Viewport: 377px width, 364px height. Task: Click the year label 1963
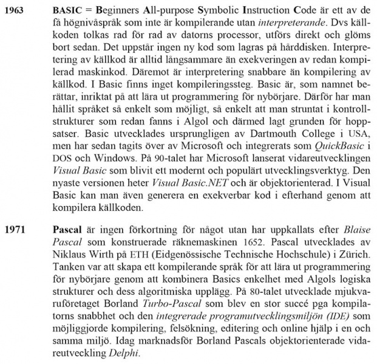[x=15, y=11]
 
